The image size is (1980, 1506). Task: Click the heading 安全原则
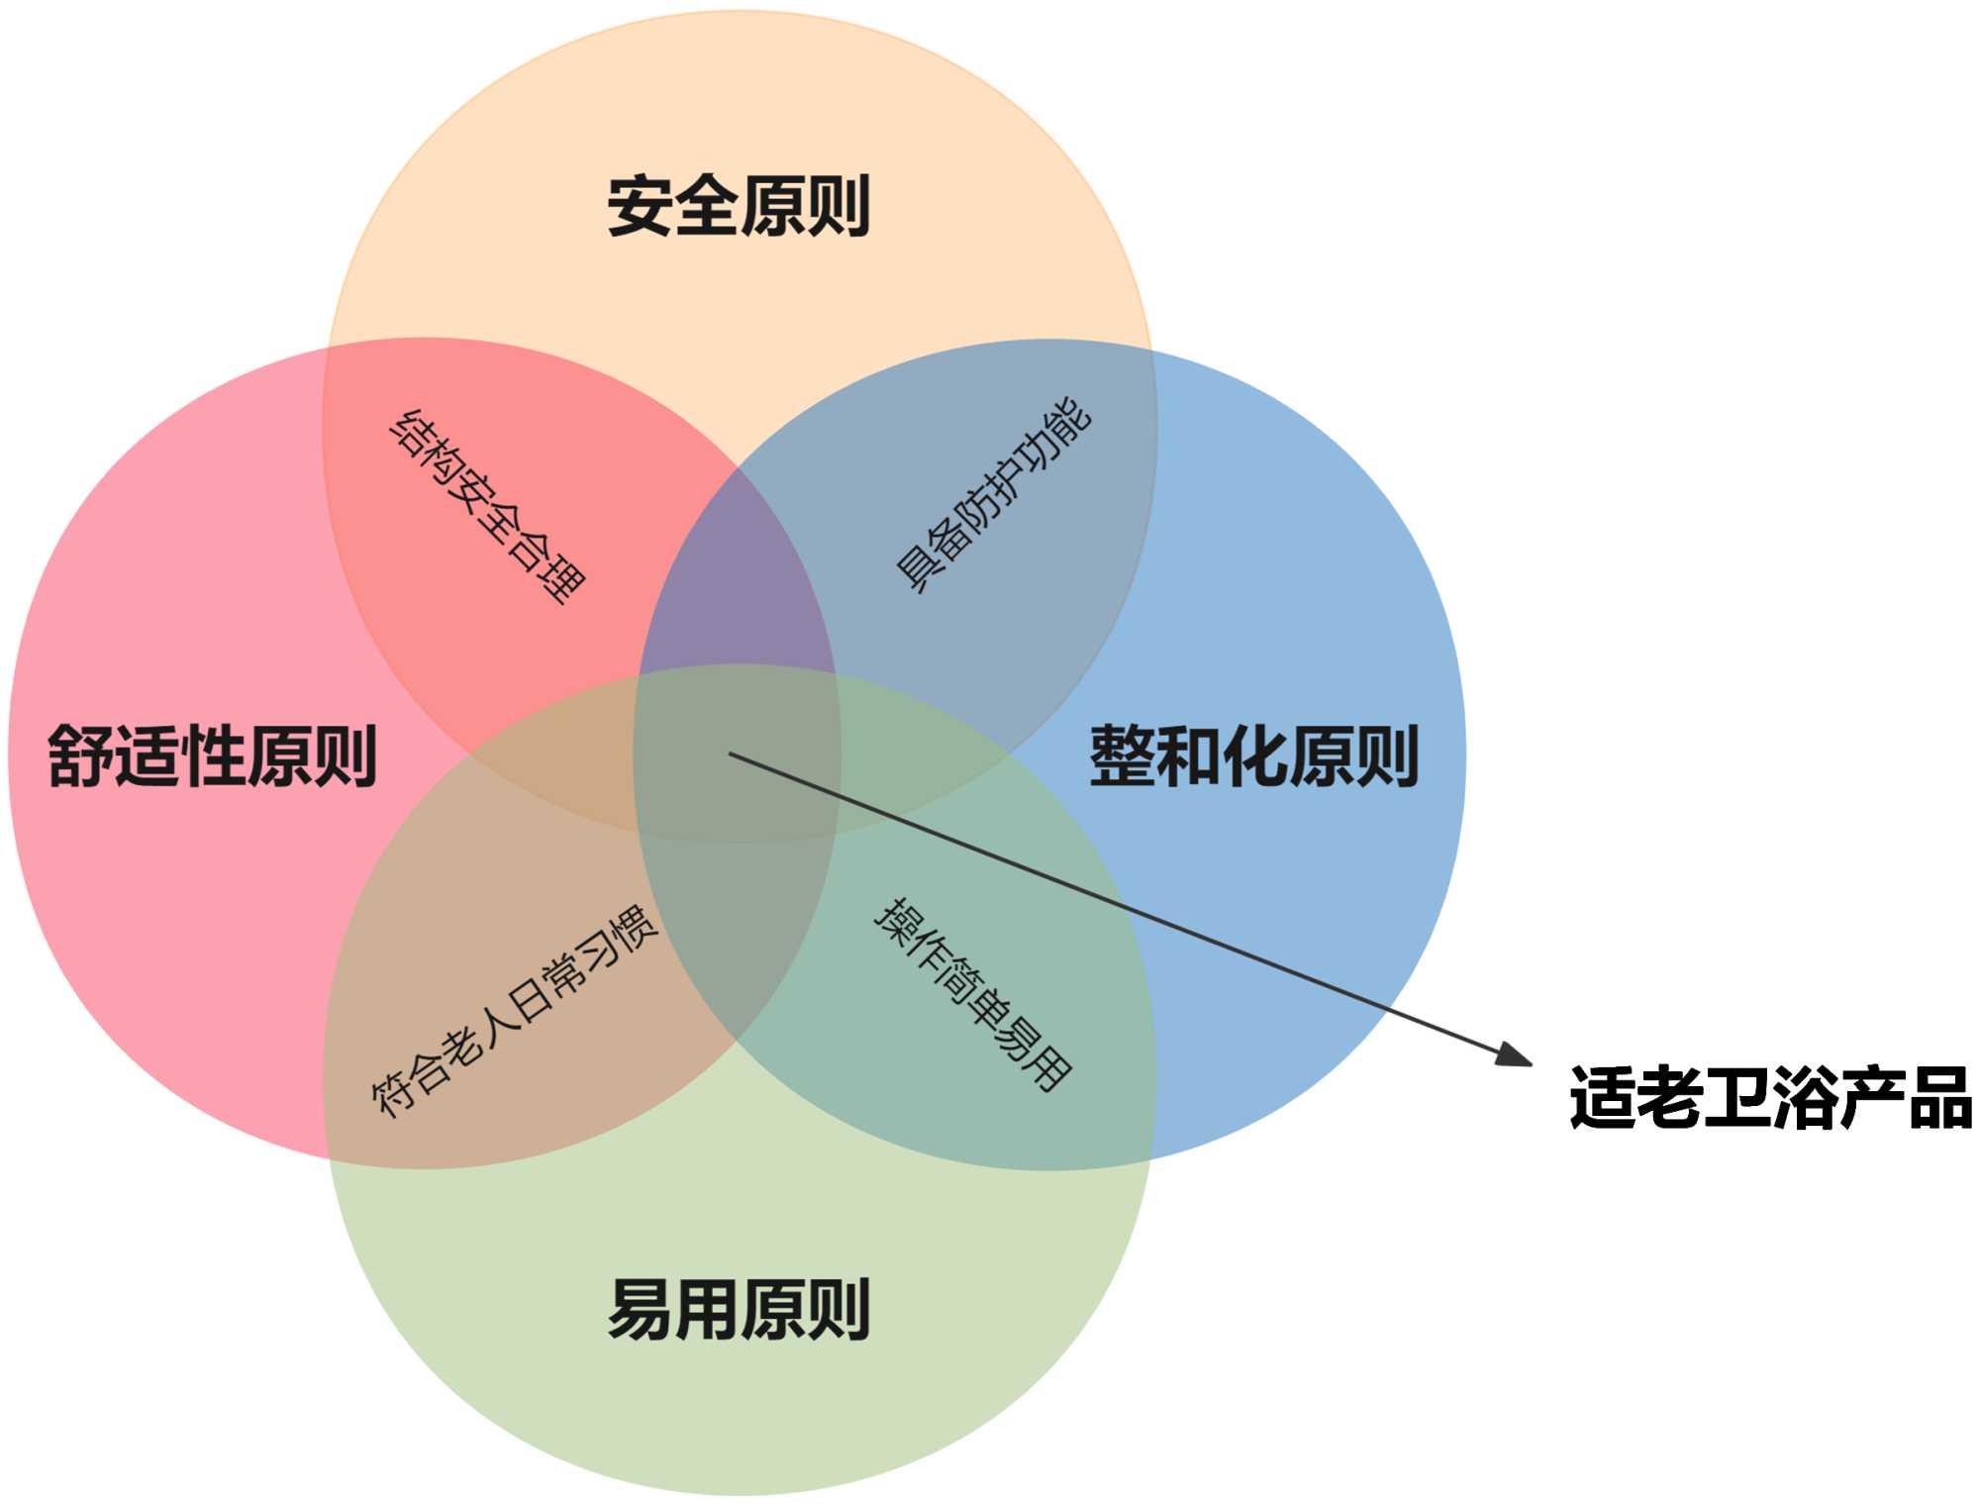pyautogui.click(x=739, y=206)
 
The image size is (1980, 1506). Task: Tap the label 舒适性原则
pyautogui.click(x=212, y=756)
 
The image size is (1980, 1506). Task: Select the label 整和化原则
pyautogui.click(x=1254, y=756)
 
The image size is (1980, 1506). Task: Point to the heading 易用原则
pyautogui.click(x=739, y=1309)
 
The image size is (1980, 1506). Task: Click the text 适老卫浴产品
pyautogui.click(x=1771, y=1097)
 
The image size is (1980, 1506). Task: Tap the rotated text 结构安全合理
pyautogui.click(x=487, y=506)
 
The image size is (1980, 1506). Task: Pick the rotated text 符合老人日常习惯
pyautogui.click(x=514, y=1010)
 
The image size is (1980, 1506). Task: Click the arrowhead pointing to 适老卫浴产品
pyautogui.click(x=1515, y=1055)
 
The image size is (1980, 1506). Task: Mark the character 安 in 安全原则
pyautogui.click(x=640, y=206)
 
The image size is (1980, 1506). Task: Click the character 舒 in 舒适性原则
pyautogui.click(x=80, y=756)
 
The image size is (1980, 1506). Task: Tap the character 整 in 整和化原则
pyautogui.click(x=1122, y=756)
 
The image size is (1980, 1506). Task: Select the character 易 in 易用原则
pyautogui.click(x=640, y=1309)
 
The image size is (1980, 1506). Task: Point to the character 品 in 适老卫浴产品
pyautogui.click(x=1940, y=1097)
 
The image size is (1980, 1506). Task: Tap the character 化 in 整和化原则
pyautogui.click(x=1254, y=756)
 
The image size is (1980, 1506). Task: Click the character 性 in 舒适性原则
pyautogui.click(x=212, y=756)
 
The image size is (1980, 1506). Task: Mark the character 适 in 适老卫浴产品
pyautogui.click(x=1602, y=1097)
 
